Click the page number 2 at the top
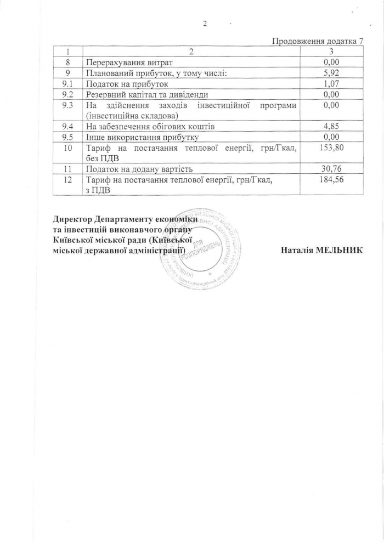pyautogui.click(x=204, y=24)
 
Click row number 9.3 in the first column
pyautogui.click(x=68, y=105)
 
